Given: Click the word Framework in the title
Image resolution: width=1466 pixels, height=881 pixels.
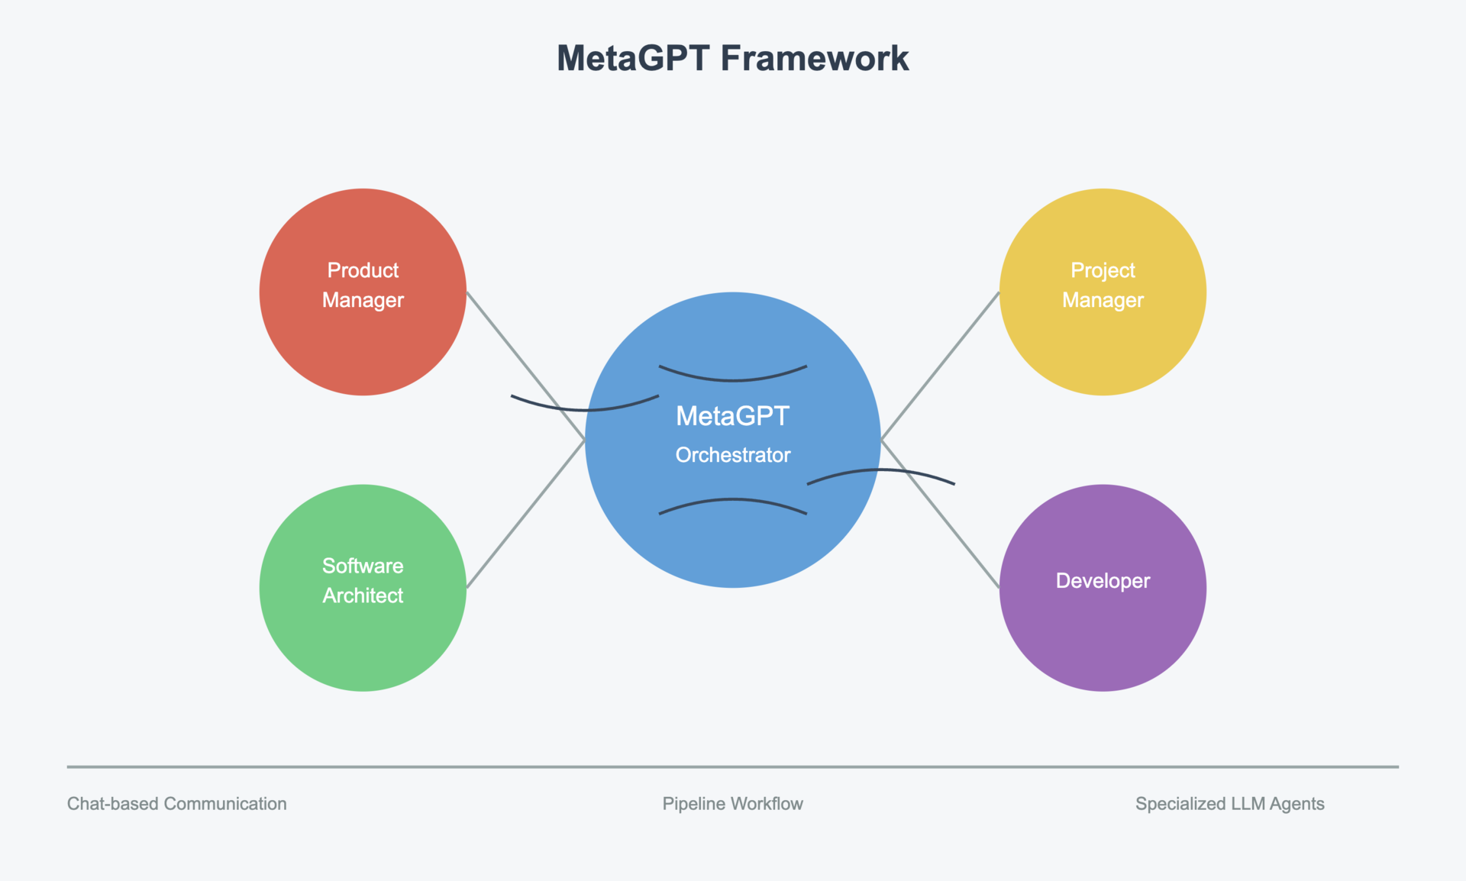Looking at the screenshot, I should (814, 59).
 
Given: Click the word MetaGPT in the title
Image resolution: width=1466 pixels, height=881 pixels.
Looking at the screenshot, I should (633, 59).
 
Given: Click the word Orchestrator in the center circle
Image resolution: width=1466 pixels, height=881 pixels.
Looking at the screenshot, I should (733, 455).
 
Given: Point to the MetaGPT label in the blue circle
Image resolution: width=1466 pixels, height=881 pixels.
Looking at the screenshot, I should (733, 416).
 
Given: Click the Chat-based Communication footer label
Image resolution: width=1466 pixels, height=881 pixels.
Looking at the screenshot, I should (176, 804).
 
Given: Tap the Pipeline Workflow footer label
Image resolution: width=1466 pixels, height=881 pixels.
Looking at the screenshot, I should (732, 804).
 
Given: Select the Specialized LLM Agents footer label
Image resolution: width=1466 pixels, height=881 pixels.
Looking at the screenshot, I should (1229, 804).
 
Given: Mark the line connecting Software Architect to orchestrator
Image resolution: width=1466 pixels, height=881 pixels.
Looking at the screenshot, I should (525, 514).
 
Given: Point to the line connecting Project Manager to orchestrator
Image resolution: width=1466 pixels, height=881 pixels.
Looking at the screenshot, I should (941, 366).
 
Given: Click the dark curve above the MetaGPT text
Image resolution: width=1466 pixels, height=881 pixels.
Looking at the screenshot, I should (733, 379).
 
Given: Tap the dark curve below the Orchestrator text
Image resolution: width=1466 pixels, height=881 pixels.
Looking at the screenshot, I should (733, 500).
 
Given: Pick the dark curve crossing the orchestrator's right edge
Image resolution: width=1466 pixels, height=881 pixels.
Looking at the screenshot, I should (881, 470).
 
